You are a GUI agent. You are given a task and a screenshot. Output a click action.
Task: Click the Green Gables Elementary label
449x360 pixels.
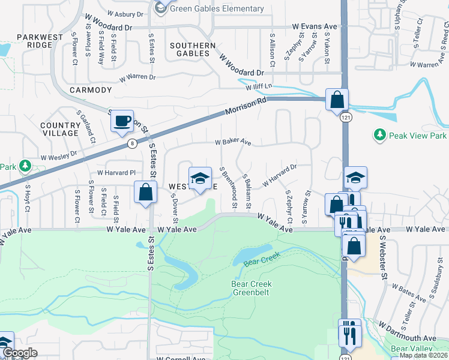[x=217, y=8]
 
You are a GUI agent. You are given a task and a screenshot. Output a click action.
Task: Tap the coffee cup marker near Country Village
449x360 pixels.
[x=122, y=121]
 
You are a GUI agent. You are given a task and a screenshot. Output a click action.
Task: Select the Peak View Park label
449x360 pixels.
[x=417, y=136]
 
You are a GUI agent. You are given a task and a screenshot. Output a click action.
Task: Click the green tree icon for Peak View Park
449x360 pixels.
[x=379, y=135]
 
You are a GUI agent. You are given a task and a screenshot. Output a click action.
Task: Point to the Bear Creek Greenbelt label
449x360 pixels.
[x=252, y=288]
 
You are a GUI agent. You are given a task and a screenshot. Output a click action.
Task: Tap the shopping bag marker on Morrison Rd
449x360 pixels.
[x=337, y=100]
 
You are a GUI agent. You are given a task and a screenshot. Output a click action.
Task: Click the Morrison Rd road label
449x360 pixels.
[x=246, y=107]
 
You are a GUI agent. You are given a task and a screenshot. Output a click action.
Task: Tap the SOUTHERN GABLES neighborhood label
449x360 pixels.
[x=193, y=49]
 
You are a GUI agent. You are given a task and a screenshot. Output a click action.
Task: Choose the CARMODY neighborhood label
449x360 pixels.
[x=91, y=90]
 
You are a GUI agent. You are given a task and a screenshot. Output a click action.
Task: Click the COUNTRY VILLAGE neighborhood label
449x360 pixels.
[x=60, y=129]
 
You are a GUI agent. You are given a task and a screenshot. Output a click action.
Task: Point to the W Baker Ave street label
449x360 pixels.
[x=233, y=143]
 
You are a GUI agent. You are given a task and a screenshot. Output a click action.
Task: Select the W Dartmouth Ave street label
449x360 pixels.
[x=406, y=338]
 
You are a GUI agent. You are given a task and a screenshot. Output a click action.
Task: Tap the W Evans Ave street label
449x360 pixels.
[x=315, y=27]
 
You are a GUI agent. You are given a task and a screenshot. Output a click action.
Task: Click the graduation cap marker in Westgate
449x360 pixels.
[x=200, y=178]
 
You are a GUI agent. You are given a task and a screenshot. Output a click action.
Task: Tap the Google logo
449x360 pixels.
[x=20, y=353]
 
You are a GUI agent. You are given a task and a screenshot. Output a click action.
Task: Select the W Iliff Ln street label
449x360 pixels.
[x=258, y=87]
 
